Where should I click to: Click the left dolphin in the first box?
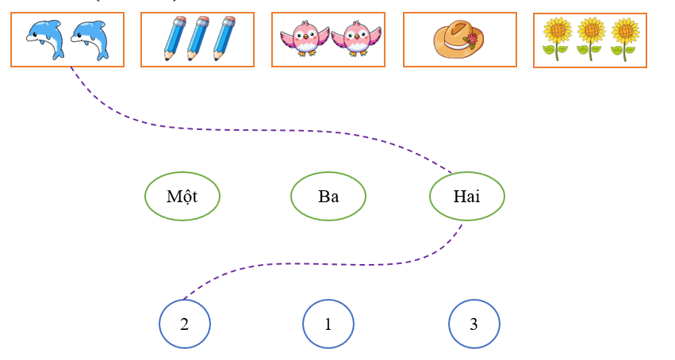pyautogui.click(x=44, y=39)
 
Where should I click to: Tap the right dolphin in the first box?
pyautogui.click(x=89, y=39)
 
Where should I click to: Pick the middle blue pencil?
pyautogui.click(x=198, y=39)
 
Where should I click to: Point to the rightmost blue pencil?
pyautogui.click(x=223, y=39)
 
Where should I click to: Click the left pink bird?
pyautogui.click(x=304, y=38)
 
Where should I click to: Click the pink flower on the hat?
pyautogui.click(x=473, y=40)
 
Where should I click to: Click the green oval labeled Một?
pyautogui.click(x=182, y=196)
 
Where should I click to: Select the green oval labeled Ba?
pyautogui.click(x=328, y=196)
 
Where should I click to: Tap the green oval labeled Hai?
pyautogui.click(x=466, y=196)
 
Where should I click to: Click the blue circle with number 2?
pyautogui.click(x=185, y=324)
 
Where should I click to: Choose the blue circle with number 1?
pyautogui.click(x=328, y=324)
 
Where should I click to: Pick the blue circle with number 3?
pyautogui.click(x=474, y=324)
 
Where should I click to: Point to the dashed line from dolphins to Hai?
pyautogui.click(x=238, y=129)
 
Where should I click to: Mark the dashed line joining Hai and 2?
pyautogui.click(x=317, y=264)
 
